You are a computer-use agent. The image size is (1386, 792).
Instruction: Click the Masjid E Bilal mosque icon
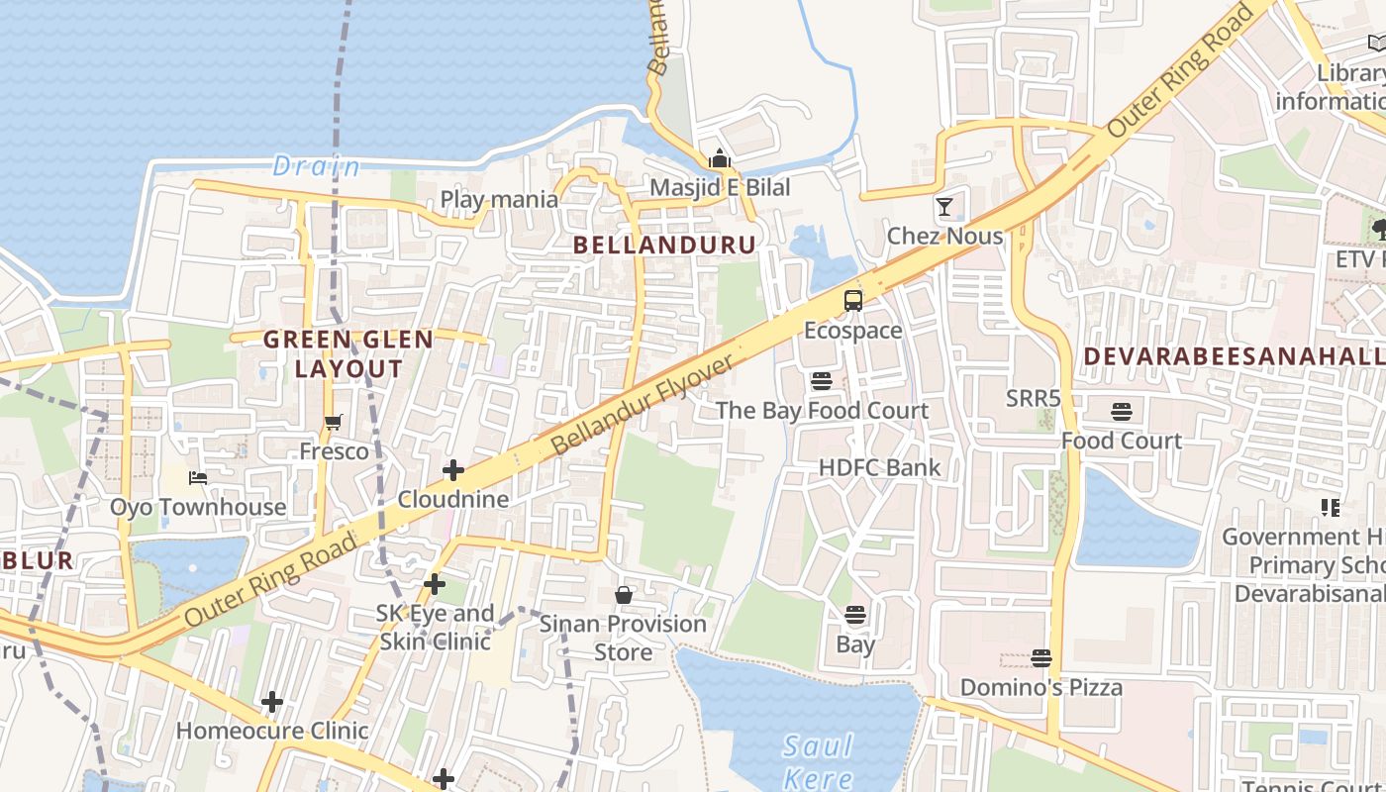click(719, 158)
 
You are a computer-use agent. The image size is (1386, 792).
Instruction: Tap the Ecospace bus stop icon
click(852, 301)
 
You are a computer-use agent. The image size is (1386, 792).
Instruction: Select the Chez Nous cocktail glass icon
click(944, 207)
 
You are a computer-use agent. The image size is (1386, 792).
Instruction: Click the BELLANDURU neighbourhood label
click(664, 245)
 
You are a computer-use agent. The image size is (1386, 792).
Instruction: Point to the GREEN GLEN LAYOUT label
click(348, 354)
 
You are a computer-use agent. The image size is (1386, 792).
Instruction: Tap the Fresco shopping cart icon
click(334, 423)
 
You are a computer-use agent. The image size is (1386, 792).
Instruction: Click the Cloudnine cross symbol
click(453, 470)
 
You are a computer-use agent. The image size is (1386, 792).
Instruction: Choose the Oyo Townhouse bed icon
click(198, 478)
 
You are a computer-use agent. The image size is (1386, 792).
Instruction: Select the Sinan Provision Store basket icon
click(624, 595)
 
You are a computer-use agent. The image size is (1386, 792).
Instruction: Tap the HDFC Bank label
click(879, 467)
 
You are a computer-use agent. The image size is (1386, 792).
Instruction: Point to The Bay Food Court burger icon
click(821, 381)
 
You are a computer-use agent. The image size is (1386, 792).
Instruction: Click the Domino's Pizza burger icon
click(1040, 657)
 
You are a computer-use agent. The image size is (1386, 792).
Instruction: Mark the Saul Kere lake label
click(818, 760)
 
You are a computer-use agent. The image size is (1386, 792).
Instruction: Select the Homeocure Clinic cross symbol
click(272, 703)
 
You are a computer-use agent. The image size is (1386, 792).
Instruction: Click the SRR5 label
click(1033, 399)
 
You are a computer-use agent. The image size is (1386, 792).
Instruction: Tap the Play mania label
click(499, 199)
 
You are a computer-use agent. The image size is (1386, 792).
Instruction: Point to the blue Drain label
click(316, 165)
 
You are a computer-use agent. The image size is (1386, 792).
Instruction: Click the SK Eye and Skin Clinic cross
click(434, 584)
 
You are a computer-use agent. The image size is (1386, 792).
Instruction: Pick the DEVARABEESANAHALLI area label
click(1234, 356)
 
